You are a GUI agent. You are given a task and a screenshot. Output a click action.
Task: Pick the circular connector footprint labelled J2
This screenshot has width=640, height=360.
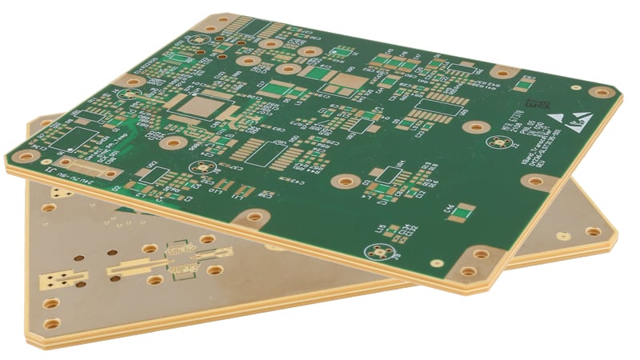(502, 143)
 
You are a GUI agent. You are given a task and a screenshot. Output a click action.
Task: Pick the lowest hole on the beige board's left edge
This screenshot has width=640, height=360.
(53, 325)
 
